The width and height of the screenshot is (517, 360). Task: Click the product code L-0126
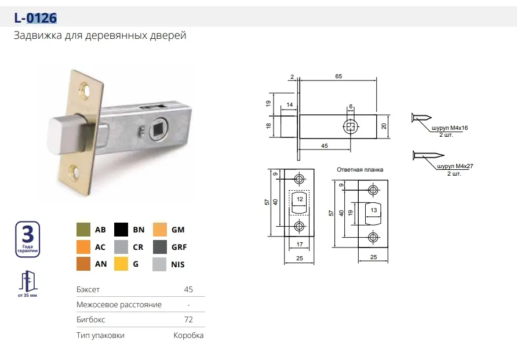[x=35, y=18]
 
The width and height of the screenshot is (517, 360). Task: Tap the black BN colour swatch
[x=121, y=230]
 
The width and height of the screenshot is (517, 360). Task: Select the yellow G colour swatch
[x=121, y=264]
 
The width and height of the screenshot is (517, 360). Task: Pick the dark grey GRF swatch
[x=160, y=247]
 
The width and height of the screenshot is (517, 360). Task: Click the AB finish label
[x=100, y=230]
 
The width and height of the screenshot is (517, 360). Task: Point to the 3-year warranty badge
[x=28, y=239]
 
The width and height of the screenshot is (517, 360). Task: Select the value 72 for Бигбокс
[x=188, y=319]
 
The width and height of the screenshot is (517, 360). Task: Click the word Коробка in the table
[x=188, y=335]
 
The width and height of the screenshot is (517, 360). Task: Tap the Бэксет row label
[x=88, y=289]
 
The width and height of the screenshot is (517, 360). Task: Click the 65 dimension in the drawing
[x=338, y=76]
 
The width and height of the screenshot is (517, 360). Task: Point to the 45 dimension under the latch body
[x=325, y=146]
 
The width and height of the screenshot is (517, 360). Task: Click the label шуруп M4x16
[x=450, y=128]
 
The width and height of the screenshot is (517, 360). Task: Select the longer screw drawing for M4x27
[x=428, y=155]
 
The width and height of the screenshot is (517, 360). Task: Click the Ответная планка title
[x=360, y=170]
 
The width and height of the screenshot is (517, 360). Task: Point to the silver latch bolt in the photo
[x=66, y=134]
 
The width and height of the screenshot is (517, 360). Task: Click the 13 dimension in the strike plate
[x=374, y=210]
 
